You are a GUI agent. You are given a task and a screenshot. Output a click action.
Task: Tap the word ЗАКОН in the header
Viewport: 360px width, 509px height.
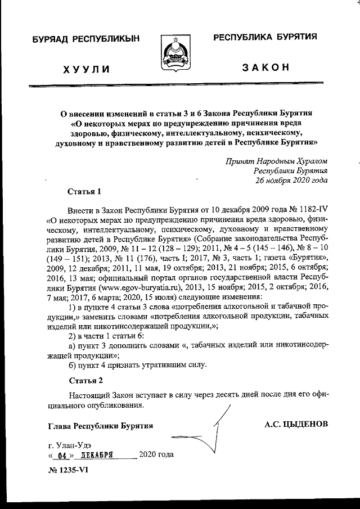[265, 67]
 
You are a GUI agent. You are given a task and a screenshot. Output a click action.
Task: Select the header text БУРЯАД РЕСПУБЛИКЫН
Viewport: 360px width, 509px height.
[86, 39]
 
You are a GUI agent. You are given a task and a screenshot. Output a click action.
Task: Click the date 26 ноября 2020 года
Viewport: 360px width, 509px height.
[291, 180]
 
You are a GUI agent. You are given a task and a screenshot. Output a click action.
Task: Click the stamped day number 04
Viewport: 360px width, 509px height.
[62, 454]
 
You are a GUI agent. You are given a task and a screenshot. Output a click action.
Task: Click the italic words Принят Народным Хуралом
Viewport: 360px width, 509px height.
[276, 160]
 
